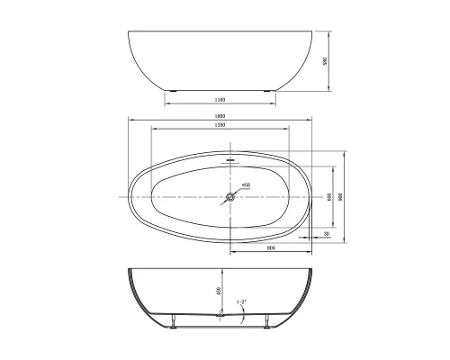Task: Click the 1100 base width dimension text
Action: click(219, 99)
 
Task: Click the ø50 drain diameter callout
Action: click(246, 184)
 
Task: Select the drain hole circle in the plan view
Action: click(230, 195)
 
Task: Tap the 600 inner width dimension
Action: click(329, 196)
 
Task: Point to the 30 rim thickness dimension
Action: click(325, 233)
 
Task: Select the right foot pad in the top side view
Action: click(266, 91)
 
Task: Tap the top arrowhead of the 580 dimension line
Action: click(329, 35)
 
